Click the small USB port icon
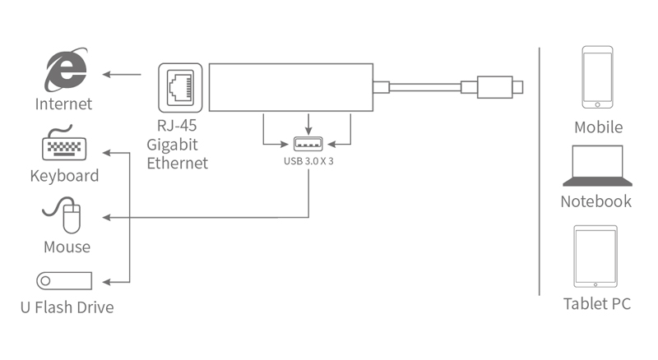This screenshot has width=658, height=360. (x=308, y=145)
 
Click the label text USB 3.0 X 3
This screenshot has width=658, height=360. (x=308, y=161)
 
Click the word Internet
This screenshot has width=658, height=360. (x=63, y=104)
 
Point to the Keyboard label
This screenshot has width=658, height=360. (x=64, y=175)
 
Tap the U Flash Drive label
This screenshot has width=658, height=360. (x=67, y=308)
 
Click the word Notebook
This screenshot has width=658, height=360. (x=596, y=201)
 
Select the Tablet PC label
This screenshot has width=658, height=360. (x=597, y=304)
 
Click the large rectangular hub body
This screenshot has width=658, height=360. (x=291, y=86)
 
